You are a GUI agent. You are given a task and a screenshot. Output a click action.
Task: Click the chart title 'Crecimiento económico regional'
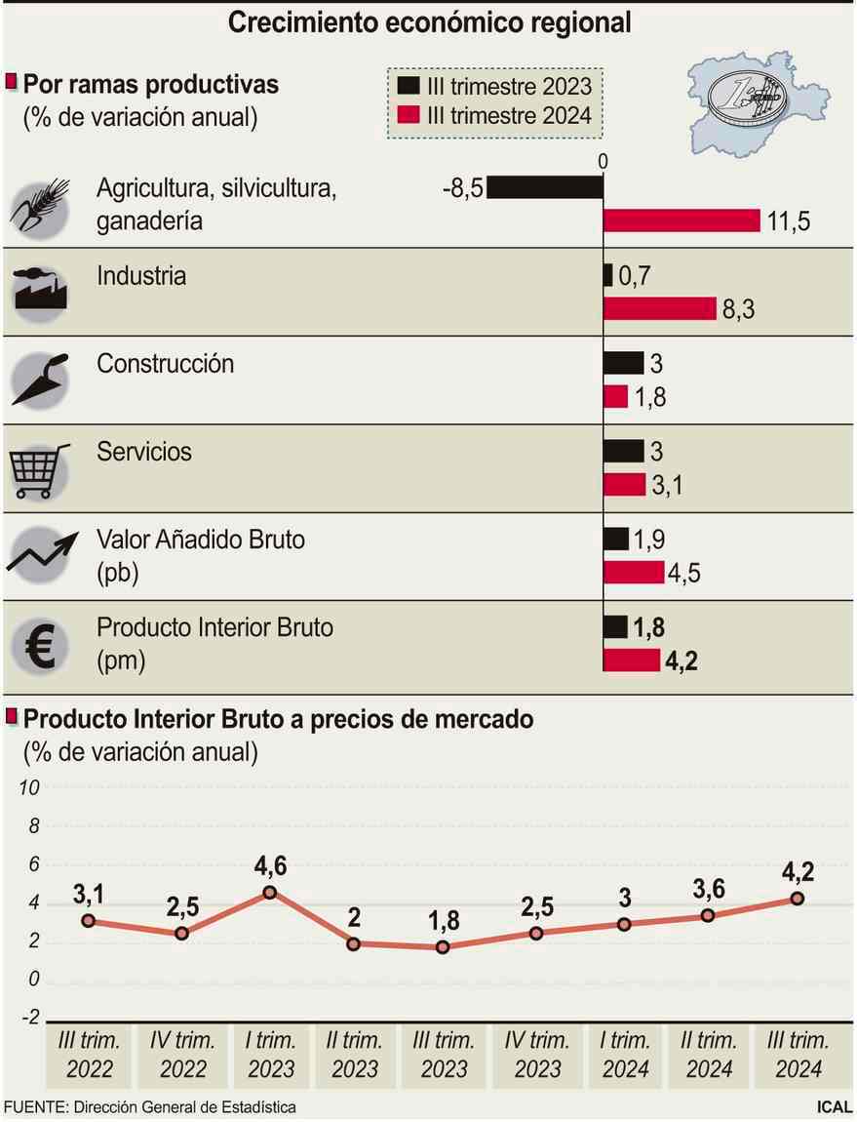pyautogui.click(x=429, y=21)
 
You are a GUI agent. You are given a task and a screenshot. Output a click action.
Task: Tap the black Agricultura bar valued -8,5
pyautogui.click(x=544, y=187)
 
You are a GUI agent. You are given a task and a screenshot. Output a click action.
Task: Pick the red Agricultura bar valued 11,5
pyautogui.click(x=682, y=220)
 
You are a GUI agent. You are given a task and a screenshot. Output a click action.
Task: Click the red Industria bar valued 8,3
pyautogui.click(x=660, y=309)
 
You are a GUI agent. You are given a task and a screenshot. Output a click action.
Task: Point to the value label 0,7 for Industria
pyautogui.click(x=634, y=277)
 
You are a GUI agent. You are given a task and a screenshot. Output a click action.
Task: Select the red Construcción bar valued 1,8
pyautogui.click(x=615, y=397)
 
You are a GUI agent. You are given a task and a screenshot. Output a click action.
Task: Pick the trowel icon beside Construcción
pyautogui.click(x=40, y=379)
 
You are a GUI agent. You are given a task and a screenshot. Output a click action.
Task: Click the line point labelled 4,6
pyautogui.click(x=269, y=892)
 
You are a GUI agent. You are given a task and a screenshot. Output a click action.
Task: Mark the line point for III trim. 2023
pyautogui.click(x=443, y=946)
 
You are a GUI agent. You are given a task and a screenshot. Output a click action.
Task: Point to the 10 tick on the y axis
pyautogui.click(x=28, y=788)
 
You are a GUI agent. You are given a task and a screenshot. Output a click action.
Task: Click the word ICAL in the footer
pyautogui.click(x=834, y=1107)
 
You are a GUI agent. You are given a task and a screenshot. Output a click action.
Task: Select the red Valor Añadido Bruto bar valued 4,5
pyautogui.click(x=634, y=573)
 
